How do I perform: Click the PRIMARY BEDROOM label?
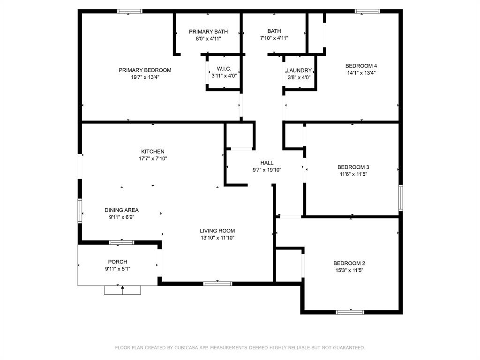point(145,70)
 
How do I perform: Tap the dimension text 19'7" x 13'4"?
point(145,77)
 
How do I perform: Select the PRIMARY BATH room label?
point(208,31)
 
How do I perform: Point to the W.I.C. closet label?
point(224,68)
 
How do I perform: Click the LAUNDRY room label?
point(299,70)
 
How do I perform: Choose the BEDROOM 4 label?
point(361,66)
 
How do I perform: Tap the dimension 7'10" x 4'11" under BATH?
point(274,38)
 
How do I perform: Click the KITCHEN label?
point(153,151)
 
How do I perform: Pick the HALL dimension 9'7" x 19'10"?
point(267,170)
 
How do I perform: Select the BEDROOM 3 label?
point(353,167)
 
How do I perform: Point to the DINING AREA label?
point(121,210)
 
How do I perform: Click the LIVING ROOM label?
point(217,231)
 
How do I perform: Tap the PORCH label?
point(118,262)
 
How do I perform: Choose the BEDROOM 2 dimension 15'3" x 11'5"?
point(349,270)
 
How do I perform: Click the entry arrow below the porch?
point(122,290)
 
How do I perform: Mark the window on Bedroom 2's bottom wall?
point(350,312)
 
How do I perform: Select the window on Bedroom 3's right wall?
point(401,198)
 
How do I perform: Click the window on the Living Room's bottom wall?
point(217,284)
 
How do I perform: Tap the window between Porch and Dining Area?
point(121,243)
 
